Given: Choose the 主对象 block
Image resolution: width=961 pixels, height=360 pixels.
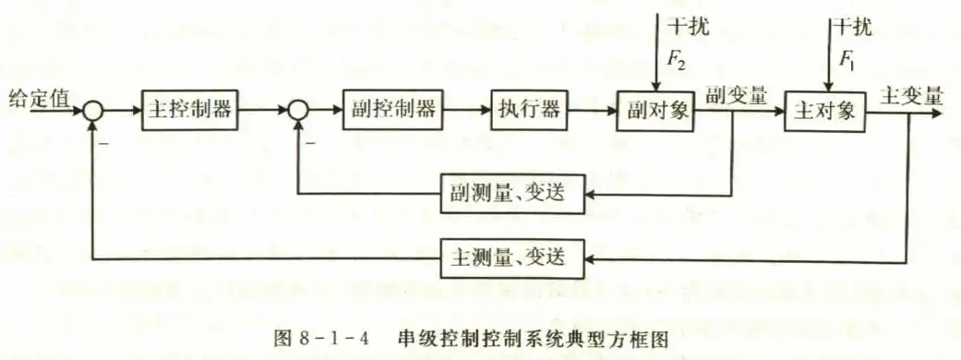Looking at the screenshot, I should tap(827, 111).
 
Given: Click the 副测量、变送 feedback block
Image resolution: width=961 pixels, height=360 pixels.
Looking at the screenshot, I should tap(513, 194).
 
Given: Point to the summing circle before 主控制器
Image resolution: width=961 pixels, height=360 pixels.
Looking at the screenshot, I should tap(93, 110).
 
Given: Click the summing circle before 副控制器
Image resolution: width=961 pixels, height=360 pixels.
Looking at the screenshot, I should tap(296, 110).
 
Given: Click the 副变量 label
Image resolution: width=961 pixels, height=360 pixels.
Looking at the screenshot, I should tap(736, 95).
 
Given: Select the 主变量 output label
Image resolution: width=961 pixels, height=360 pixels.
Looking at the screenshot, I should tap(911, 96).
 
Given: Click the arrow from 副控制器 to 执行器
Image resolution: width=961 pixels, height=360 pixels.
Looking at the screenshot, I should tap(462, 110).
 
